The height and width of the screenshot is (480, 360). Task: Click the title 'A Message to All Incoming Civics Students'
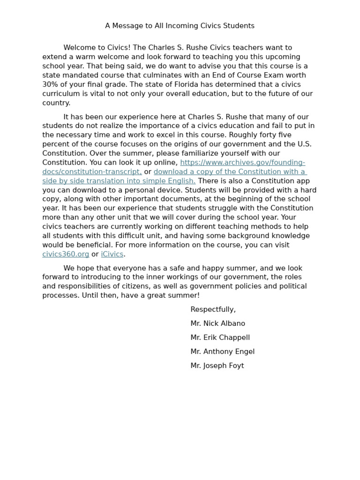(180, 26)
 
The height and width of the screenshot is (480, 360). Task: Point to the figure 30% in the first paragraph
(51, 84)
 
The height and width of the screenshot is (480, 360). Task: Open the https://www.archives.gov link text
(242, 163)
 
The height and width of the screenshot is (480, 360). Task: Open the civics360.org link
(66, 254)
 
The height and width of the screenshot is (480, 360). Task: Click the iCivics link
(112, 254)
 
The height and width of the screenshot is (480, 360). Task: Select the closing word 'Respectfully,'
(213, 309)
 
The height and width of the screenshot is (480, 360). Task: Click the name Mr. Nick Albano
(217, 323)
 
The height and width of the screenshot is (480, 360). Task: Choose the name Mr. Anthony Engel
(222, 352)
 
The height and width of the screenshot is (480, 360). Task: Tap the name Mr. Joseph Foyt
(217, 366)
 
